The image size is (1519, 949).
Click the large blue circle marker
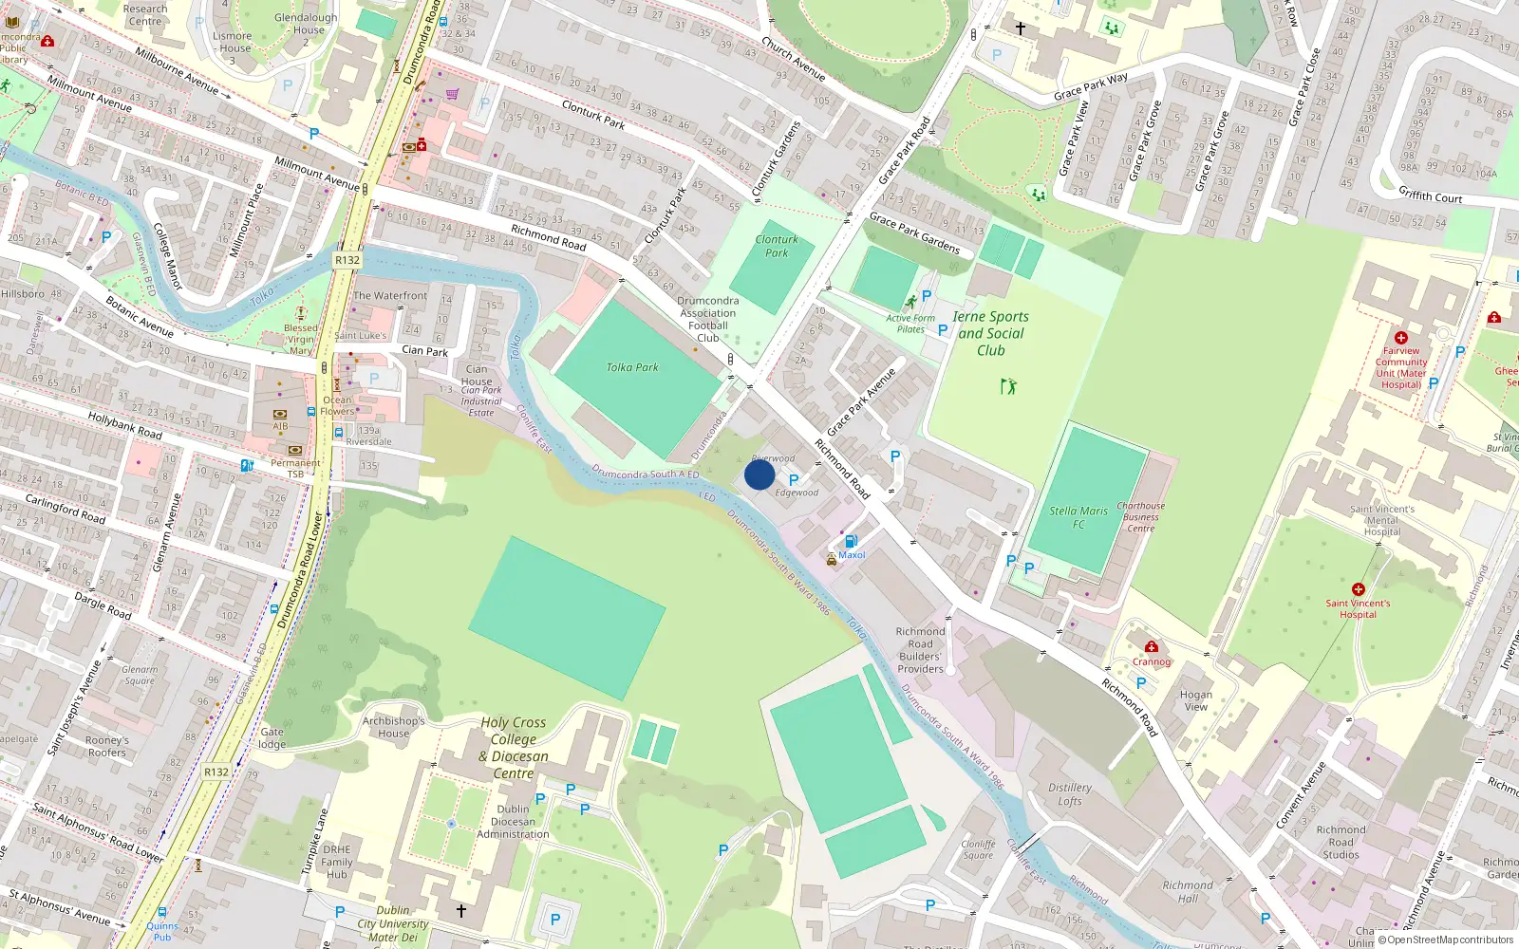(x=759, y=474)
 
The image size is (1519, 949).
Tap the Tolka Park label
(x=632, y=367)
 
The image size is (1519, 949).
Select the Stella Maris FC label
(x=1078, y=517)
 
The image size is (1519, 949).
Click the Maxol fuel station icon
(x=851, y=541)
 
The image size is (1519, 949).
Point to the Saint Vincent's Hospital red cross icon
(x=1359, y=589)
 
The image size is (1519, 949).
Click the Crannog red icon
(x=1151, y=647)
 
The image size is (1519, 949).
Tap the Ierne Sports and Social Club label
(x=990, y=333)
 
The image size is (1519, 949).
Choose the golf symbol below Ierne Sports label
(x=1008, y=386)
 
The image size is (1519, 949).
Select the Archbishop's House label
(x=393, y=727)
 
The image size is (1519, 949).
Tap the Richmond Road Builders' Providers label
(x=921, y=650)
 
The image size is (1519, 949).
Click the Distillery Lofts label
(x=1070, y=794)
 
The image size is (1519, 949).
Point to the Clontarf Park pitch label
(x=777, y=246)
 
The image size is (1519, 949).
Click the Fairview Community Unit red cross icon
(x=1400, y=338)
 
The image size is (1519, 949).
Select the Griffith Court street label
(x=1430, y=195)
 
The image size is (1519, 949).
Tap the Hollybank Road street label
(x=124, y=424)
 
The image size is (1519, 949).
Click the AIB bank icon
(x=280, y=415)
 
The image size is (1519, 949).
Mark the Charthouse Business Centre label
(x=1140, y=517)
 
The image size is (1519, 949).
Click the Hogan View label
(x=1196, y=700)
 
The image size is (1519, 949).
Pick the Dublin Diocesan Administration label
(x=513, y=822)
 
